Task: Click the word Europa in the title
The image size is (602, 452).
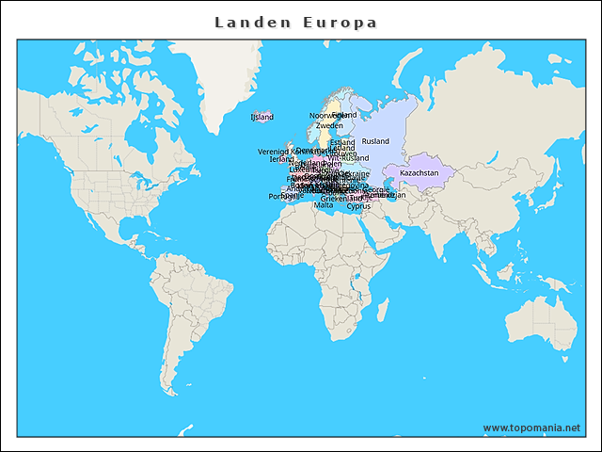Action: tap(340, 22)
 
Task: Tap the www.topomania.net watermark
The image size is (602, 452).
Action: tap(531, 428)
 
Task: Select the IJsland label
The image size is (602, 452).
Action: tap(261, 117)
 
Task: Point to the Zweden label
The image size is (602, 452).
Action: tap(329, 125)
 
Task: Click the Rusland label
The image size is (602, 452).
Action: tap(375, 141)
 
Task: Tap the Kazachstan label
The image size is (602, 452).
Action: tap(420, 173)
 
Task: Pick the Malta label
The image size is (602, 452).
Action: tap(323, 205)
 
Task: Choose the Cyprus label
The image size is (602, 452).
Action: tap(358, 206)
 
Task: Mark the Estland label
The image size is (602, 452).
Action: tap(342, 143)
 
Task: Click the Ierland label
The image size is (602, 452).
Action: tap(281, 159)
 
